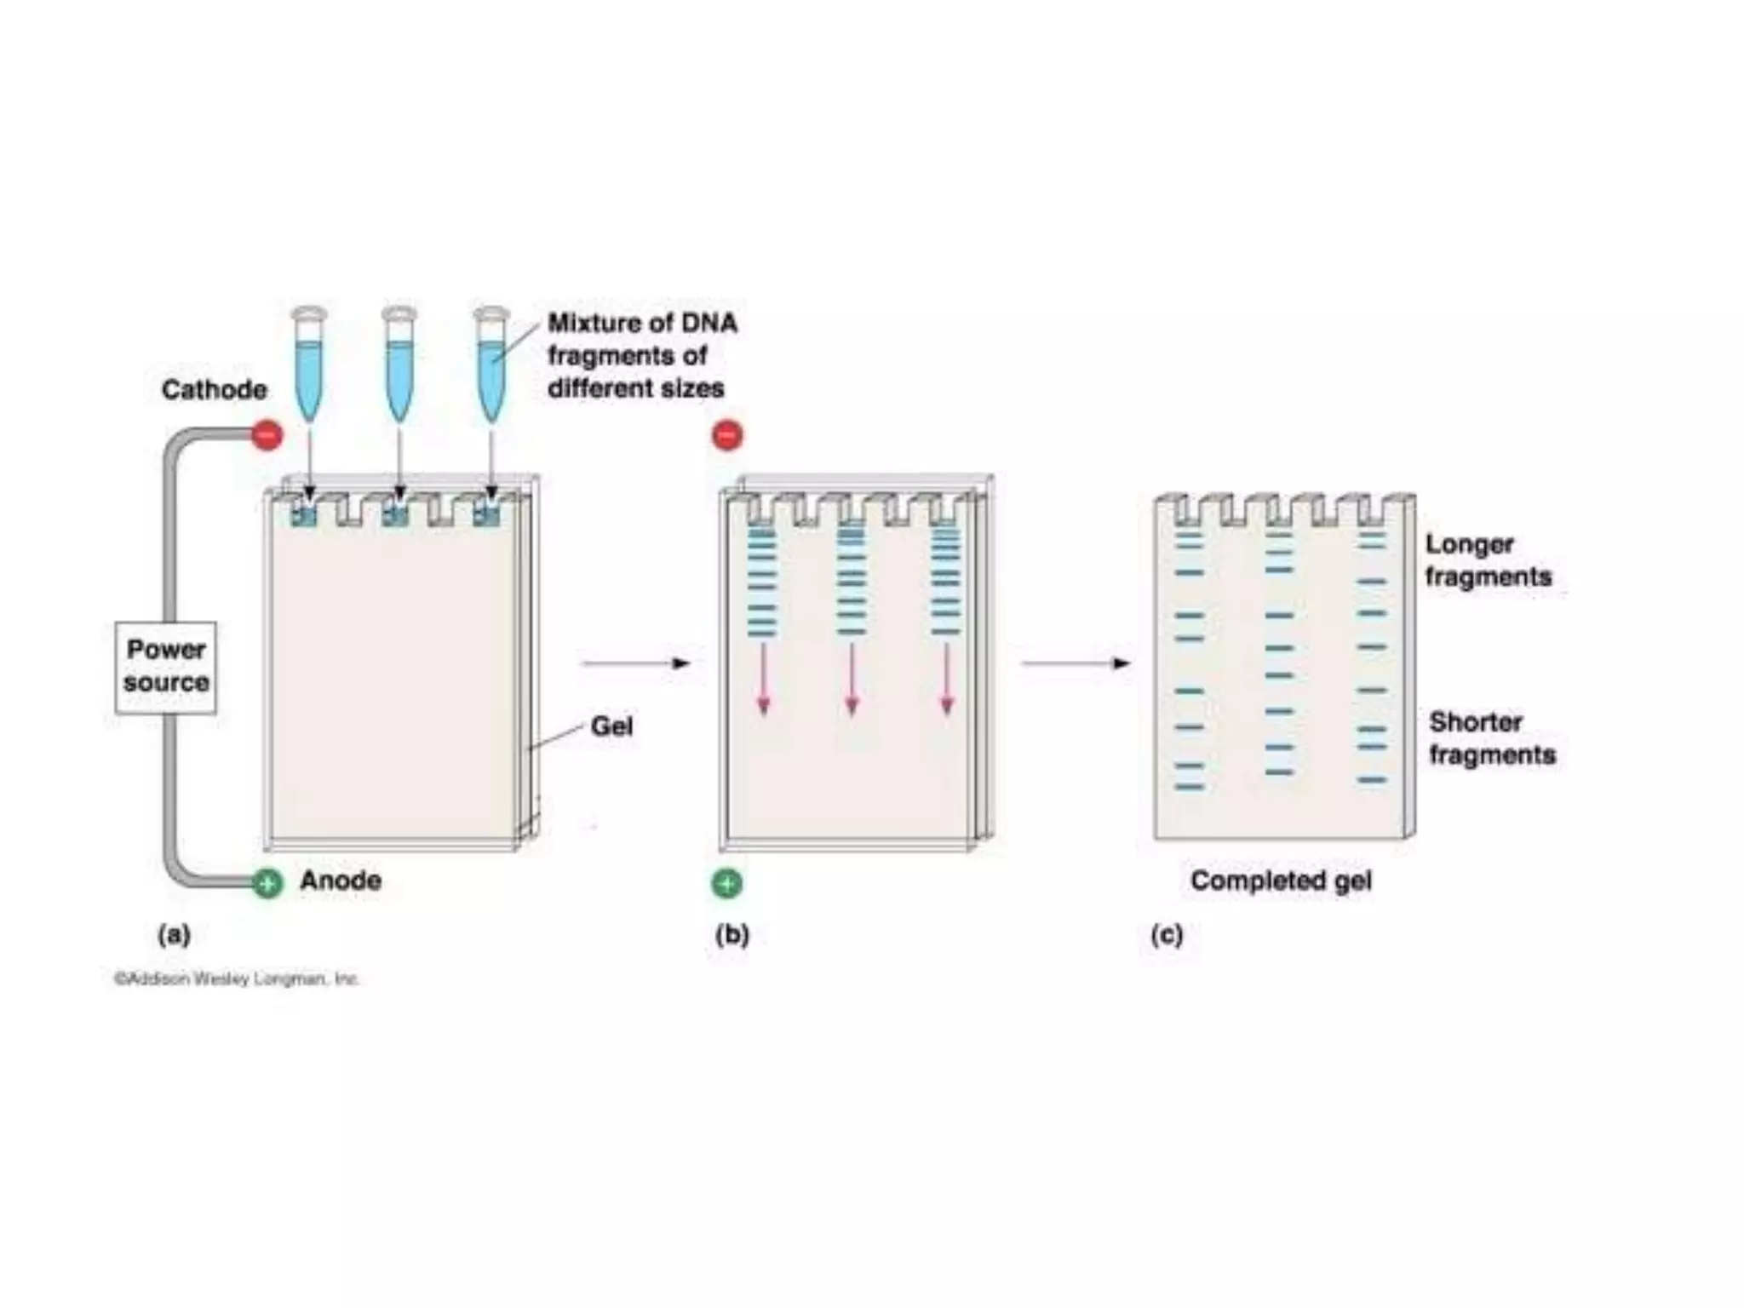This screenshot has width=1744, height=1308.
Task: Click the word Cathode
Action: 214,390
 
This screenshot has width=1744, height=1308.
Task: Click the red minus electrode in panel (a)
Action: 267,435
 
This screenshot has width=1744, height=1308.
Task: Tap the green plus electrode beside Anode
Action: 267,884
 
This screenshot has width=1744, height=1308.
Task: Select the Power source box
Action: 166,667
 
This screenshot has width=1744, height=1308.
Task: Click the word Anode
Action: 341,880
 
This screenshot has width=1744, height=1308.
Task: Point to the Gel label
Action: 611,726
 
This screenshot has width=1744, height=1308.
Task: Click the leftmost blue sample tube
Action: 308,366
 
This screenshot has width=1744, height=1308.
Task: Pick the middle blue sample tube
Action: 399,366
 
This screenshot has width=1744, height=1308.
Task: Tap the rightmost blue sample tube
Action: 491,366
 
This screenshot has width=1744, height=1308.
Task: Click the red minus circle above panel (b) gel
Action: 727,435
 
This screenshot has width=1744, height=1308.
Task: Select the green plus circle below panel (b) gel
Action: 726,884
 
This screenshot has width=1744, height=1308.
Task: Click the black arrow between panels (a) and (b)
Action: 635,663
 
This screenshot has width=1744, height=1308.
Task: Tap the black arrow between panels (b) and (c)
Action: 1076,663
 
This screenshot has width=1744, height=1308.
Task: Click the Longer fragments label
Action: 1488,560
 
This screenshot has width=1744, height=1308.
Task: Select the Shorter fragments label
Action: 1491,738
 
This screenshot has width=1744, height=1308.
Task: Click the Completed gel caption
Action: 1281,881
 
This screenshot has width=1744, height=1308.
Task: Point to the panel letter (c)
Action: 1167,935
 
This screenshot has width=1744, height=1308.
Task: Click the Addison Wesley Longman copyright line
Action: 237,978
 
